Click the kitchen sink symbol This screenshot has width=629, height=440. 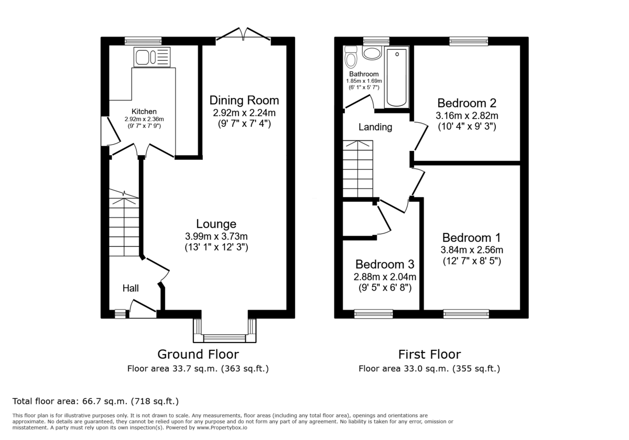coord(152,57)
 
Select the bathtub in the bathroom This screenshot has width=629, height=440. coord(396,78)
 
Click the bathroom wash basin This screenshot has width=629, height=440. coord(372,53)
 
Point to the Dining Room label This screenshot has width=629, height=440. coord(244,100)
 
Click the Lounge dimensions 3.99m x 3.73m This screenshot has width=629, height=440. coord(216,236)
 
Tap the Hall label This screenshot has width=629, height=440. coord(131,288)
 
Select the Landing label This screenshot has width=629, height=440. coord(375,127)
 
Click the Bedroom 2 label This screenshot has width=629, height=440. coord(467,103)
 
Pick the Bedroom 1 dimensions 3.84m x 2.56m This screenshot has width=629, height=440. coord(471,249)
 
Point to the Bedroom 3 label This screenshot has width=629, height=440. coord(384,263)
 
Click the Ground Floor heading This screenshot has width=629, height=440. coord(198,355)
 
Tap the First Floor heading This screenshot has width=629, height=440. coord(429,355)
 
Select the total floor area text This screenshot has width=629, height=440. coord(96,402)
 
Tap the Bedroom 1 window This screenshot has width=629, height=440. coord(466,314)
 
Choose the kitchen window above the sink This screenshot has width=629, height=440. coord(143,40)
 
